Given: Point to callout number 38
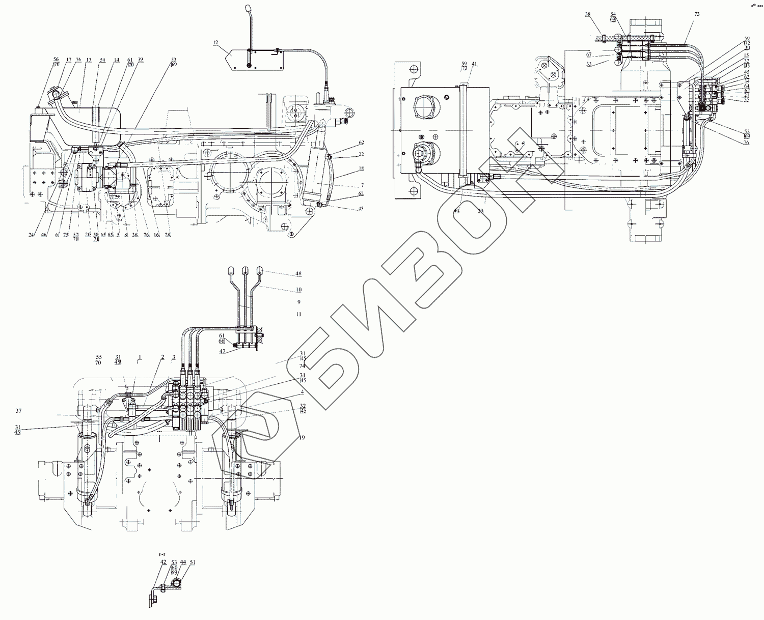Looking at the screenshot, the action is click(588, 14).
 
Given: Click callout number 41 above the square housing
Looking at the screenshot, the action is click(475, 64).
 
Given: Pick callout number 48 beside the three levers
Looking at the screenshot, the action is click(298, 274).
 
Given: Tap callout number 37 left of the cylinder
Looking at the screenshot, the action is click(19, 411).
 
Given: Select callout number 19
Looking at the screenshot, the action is click(302, 438).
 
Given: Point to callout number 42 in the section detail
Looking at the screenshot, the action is click(163, 562).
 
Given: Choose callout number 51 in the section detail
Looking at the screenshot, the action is click(193, 562).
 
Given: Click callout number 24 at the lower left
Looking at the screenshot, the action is click(32, 235).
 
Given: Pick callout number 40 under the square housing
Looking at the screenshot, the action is click(456, 210).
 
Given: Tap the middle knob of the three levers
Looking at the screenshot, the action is click(245, 270).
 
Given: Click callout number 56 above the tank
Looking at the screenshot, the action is click(56, 59).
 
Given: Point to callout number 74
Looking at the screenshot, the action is click(303, 366).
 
